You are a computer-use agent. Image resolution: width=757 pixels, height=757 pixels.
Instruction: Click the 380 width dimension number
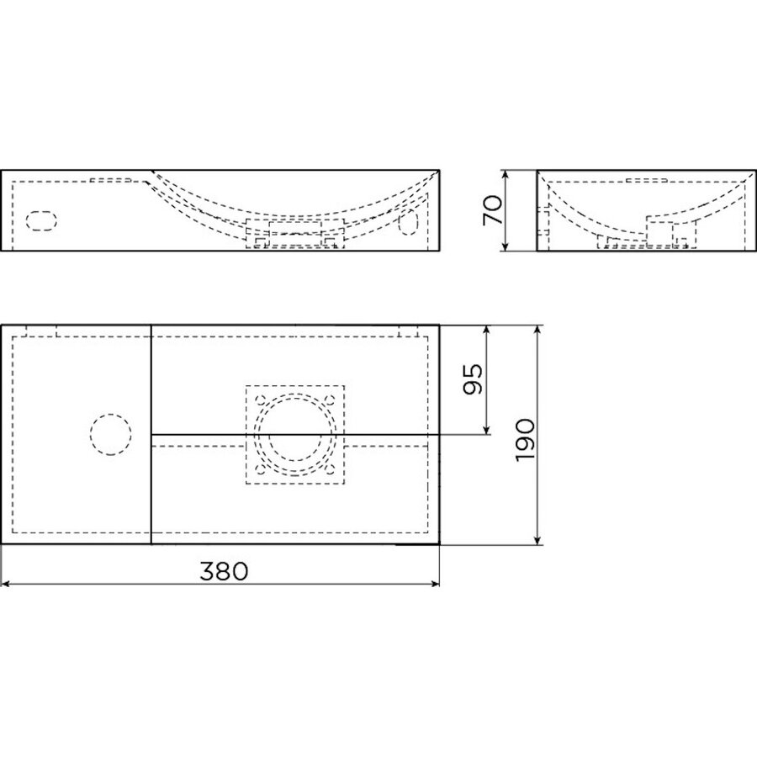(x=223, y=571)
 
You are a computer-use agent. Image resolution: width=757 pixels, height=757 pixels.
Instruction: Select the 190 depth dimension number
(x=526, y=437)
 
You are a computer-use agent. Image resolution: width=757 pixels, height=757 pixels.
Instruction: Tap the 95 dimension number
(x=474, y=380)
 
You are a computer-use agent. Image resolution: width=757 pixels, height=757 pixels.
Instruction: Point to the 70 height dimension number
(x=494, y=209)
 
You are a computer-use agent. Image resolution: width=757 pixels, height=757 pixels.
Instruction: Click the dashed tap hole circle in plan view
(x=110, y=435)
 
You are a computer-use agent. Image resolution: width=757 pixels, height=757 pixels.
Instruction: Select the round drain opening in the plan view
(x=294, y=435)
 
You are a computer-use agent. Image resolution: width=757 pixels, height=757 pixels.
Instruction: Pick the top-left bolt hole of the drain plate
(x=259, y=400)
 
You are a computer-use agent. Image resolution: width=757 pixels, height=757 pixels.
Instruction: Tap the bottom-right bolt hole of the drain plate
(x=330, y=469)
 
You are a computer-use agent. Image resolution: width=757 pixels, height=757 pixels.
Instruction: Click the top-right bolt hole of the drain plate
(x=330, y=400)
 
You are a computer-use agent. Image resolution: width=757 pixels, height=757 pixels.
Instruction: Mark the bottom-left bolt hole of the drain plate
(x=259, y=469)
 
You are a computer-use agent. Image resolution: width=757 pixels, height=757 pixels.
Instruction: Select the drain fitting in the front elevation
(x=294, y=233)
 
